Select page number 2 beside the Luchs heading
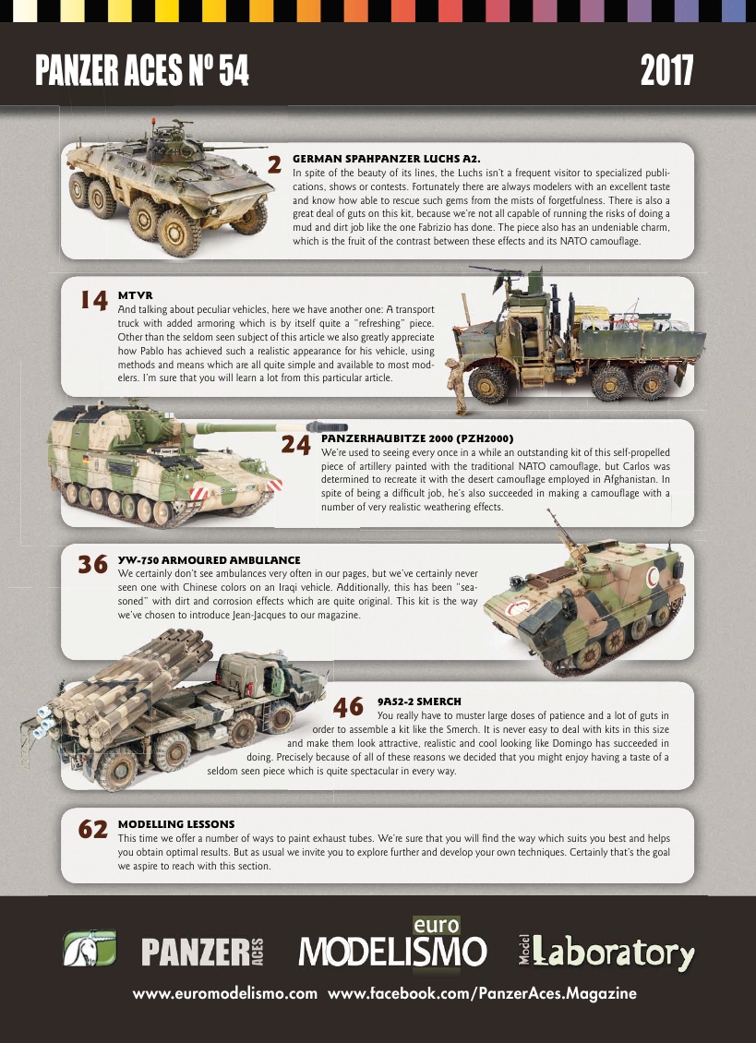point(274,164)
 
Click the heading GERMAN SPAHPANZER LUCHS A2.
point(386,159)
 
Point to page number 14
point(94,300)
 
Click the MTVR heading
point(135,294)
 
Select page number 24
point(295,445)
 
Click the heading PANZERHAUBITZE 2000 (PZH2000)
point(416,438)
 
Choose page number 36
point(94,564)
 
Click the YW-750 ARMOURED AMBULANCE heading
point(209,559)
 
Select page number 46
point(348,707)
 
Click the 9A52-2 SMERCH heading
point(419,701)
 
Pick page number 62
point(94,829)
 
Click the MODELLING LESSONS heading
point(176,823)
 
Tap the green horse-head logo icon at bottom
point(90,949)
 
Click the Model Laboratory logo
point(606,951)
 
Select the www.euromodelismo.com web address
point(225,995)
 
